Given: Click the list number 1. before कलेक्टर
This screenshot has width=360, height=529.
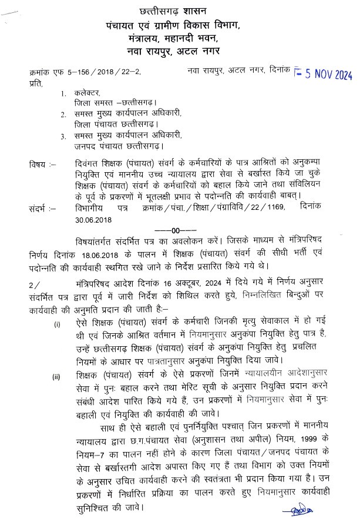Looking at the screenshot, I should point(62,94).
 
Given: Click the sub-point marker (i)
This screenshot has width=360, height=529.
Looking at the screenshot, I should point(56,324).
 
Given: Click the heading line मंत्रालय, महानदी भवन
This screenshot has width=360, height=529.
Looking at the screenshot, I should point(180,39).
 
